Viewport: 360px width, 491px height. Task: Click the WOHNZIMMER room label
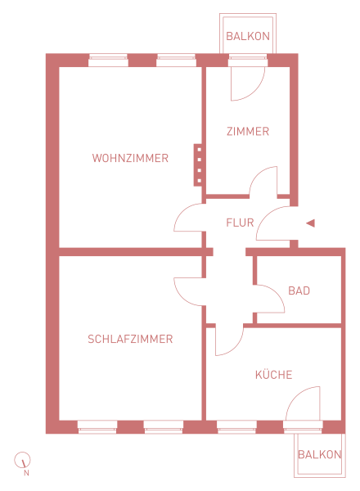pos(130,158)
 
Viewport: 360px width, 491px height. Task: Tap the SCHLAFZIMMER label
pos(130,339)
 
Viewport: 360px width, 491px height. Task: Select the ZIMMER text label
pos(248,131)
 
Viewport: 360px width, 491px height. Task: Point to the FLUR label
pos(240,223)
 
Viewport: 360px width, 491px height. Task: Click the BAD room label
pos(299,291)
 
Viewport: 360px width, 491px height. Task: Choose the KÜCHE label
pos(273,374)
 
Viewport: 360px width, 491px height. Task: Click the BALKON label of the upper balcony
pos(248,36)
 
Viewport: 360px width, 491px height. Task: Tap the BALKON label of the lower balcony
pos(319,454)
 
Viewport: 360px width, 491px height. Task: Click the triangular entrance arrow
pos(311,223)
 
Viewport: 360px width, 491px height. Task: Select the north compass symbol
pos(22,460)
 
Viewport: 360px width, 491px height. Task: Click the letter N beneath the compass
pos(27,473)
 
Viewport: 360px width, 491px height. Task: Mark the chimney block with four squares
pos(198,165)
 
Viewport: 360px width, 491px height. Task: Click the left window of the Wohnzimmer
pos(108,61)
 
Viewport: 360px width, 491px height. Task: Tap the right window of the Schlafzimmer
pos(164,427)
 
